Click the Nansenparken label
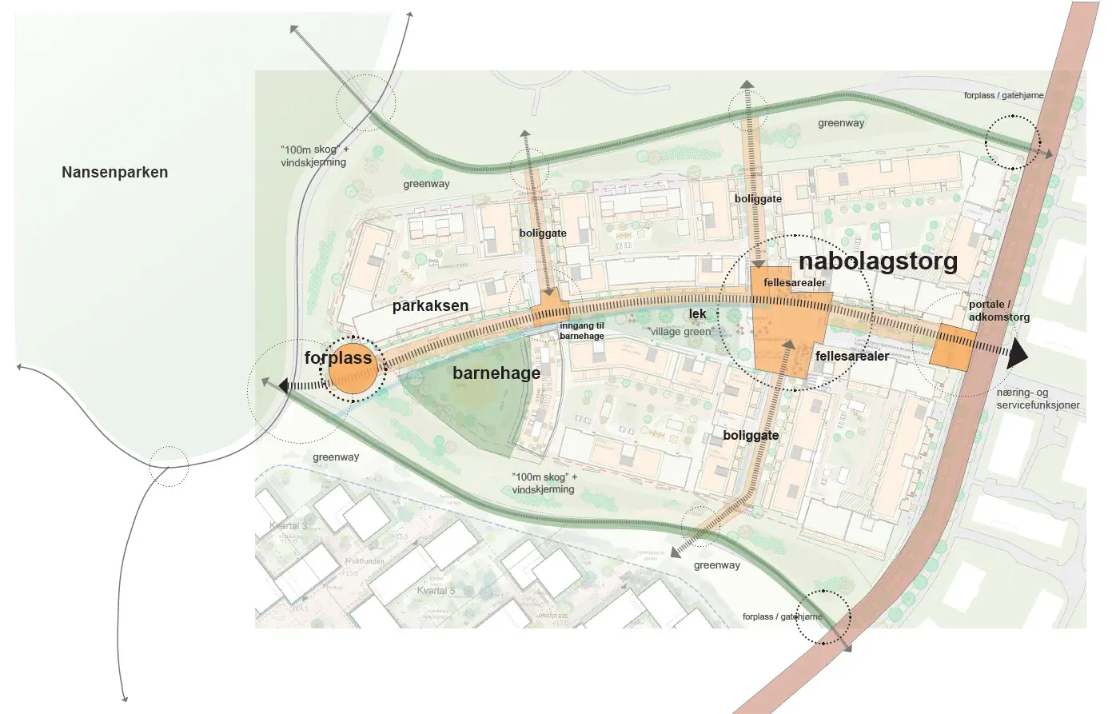(114, 172)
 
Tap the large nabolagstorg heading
(878, 261)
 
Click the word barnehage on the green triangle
(496, 373)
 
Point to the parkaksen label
(430, 305)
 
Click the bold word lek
(697, 314)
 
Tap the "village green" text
(680, 332)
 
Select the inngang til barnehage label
(581, 331)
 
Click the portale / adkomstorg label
(998, 311)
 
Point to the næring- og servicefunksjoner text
(1037, 399)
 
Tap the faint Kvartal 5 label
(436, 591)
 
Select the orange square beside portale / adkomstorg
(955, 348)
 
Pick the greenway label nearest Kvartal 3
(336, 457)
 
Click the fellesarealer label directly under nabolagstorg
(794, 283)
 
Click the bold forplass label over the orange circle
(338, 357)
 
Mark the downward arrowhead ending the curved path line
(125, 698)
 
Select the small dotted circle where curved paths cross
(169, 466)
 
